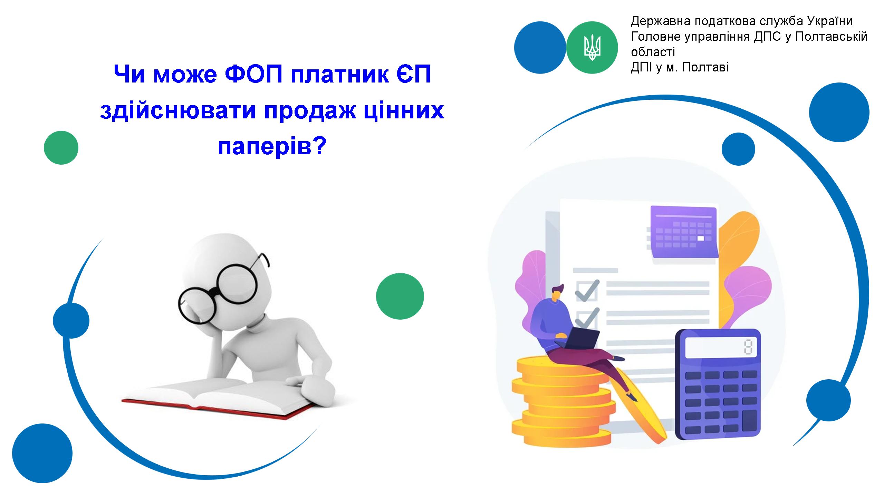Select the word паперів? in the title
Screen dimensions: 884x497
click(272, 147)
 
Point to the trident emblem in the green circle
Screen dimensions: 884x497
click(592, 47)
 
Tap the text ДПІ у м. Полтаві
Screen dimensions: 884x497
click(680, 67)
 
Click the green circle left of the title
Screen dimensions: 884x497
click(61, 148)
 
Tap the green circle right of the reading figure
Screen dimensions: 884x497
click(400, 296)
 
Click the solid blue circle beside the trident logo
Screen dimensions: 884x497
click(540, 48)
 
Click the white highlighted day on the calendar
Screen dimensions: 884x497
click(701, 238)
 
